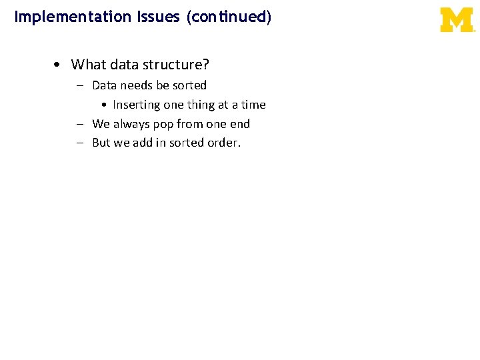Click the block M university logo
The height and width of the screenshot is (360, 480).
click(x=457, y=20)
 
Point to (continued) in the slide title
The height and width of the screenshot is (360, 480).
click(x=229, y=17)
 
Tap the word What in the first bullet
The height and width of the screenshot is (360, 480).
click(x=87, y=65)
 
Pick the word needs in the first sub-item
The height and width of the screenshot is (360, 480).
click(x=136, y=85)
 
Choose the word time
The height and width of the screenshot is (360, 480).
click(x=253, y=105)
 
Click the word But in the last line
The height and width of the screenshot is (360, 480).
click(x=101, y=143)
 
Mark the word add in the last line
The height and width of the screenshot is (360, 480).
click(x=143, y=143)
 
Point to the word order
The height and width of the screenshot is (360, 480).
click(x=223, y=143)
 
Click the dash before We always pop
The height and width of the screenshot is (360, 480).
click(x=79, y=124)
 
